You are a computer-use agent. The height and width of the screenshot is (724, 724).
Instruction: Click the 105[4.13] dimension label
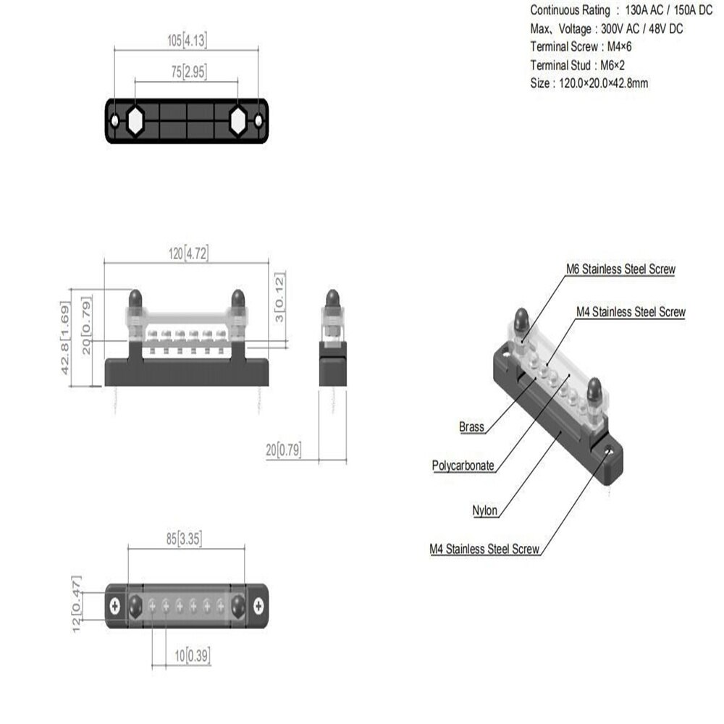(x=186, y=41)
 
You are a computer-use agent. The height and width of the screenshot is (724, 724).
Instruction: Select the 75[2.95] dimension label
(x=186, y=72)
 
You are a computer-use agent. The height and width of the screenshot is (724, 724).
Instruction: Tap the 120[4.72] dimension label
(x=187, y=253)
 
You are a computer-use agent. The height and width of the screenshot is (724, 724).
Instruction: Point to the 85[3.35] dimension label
(x=187, y=539)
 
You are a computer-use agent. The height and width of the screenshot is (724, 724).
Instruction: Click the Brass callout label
(x=471, y=427)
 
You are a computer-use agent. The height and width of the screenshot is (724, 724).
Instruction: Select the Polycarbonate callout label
(x=463, y=466)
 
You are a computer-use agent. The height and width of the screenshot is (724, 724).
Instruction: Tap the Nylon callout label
(x=485, y=510)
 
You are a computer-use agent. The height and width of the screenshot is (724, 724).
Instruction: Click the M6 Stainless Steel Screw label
(x=620, y=269)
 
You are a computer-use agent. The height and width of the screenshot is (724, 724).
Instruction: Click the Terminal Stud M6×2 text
(x=578, y=65)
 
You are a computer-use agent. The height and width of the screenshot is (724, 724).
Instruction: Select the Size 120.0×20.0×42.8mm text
(x=589, y=83)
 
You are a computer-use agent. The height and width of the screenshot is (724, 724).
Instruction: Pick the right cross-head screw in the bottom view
(x=258, y=604)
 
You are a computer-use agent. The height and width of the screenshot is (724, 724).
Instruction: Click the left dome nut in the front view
(x=135, y=298)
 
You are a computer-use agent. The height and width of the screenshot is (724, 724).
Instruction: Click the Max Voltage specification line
(x=607, y=29)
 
